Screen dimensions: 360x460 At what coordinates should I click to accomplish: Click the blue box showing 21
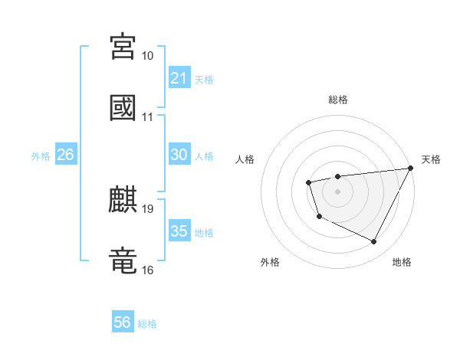pos(179,78)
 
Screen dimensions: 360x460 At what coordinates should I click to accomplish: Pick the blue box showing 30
pos(179,155)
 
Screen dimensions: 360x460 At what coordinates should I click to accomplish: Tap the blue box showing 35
pos(179,231)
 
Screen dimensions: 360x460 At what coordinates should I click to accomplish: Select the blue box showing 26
pos(65,155)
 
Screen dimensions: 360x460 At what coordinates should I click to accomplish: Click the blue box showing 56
pos(123,322)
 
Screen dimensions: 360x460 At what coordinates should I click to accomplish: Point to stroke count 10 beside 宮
pos(148,56)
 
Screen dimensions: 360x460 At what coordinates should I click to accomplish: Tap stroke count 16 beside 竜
pos(148,270)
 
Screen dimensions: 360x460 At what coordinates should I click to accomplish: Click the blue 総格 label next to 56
pos(147,324)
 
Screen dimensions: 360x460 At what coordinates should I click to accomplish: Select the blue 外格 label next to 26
pos(41,156)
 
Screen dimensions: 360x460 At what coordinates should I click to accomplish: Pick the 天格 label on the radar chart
pos(431,159)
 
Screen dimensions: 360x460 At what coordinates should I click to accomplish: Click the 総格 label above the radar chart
pos(338,100)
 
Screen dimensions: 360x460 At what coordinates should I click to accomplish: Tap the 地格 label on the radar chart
pos(402,262)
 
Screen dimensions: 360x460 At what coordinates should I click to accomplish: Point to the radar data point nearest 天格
pos(411,168)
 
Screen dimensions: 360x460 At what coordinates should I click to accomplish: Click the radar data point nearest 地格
pos(374,242)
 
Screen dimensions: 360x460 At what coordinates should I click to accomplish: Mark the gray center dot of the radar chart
pos(337,191)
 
